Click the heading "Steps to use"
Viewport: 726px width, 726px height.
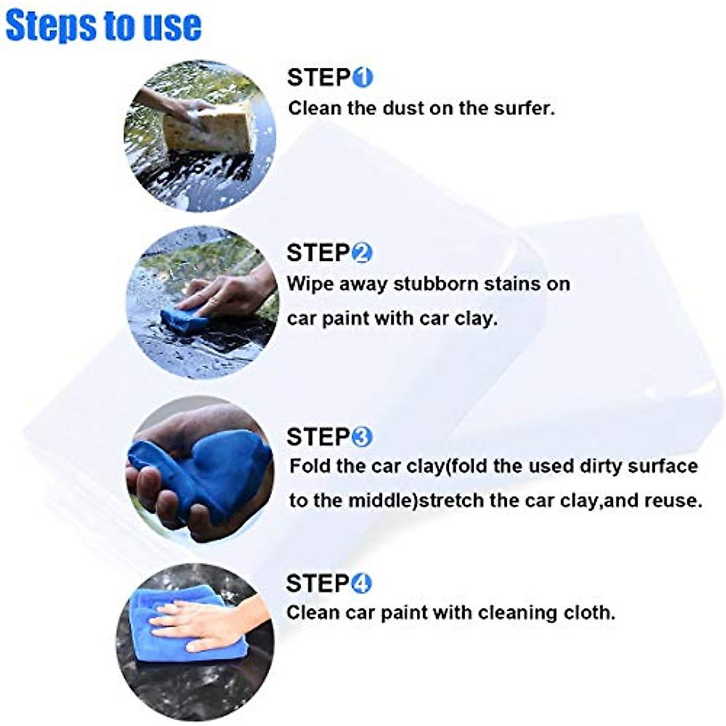(103, 25)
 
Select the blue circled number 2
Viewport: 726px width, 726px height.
(362, 253)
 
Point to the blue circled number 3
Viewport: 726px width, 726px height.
(362, 437)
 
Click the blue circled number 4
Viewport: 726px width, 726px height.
(361, 584)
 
